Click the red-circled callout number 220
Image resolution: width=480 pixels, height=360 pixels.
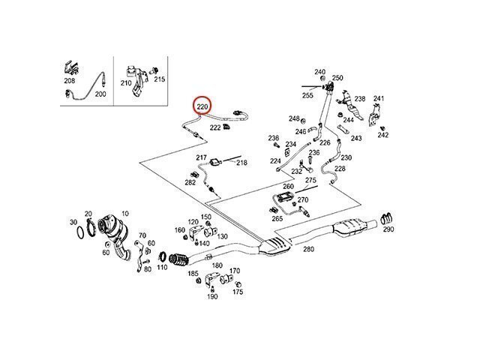coord(202,108)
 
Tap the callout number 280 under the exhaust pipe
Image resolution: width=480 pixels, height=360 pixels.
coord(308,249)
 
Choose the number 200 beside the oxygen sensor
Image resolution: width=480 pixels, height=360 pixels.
coord(100,95)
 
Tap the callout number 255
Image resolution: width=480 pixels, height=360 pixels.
coord(307,95)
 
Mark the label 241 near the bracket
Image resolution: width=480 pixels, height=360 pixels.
coord(379,99)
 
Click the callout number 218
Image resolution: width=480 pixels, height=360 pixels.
coord(241,162)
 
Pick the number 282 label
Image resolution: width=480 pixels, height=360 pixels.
coord(190,183)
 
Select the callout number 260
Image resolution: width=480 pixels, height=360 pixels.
coord(289,186)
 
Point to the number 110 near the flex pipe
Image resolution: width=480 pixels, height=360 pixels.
coord(162,267)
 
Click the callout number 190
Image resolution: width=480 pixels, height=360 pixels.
coord(212,297)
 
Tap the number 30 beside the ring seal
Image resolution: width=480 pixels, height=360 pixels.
coord(73,223)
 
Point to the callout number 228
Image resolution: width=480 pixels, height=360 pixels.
coord(340,169)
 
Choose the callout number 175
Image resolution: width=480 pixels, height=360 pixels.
coord(237,292)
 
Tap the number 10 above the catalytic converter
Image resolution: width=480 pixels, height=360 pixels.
coord(124,214)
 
